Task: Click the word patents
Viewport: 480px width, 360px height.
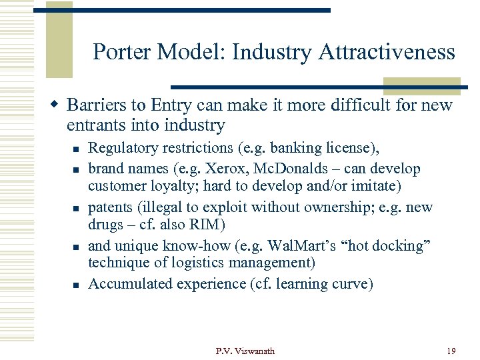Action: [110, 207]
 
